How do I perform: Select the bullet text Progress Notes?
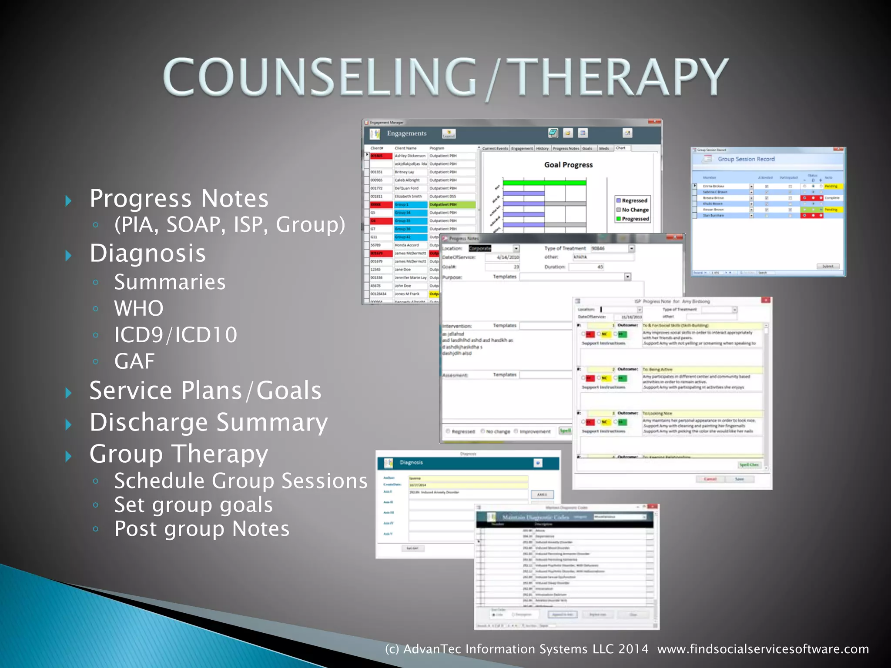(179, 199)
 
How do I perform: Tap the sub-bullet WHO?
(139, 308)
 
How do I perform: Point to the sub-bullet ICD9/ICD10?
(176, 335)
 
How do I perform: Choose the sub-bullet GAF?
(134, 361)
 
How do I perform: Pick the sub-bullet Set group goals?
(194, 505)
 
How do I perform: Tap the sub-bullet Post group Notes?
(202, 529)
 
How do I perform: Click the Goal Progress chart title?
(568, 165)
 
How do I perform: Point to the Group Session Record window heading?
(746, 159)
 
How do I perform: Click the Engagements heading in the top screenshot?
(407, 134)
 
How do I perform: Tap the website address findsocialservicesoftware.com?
(763, 649)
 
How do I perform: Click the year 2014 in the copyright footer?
(633, 649)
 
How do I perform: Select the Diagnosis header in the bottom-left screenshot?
(411, 462)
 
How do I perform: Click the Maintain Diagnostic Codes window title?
(536, 517)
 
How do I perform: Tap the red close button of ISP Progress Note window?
(766, 300)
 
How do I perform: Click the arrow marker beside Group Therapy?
(68, 456)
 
